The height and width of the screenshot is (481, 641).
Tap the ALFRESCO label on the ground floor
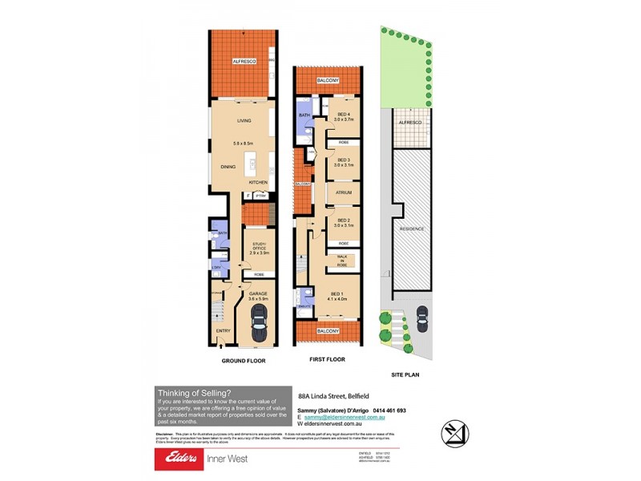click(244, 62)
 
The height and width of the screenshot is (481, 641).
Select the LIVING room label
click(244, 121)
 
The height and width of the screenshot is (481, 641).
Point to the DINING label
click(228, 167)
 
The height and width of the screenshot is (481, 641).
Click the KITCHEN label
click(258, 183)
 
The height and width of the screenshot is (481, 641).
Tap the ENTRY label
click(223, 330)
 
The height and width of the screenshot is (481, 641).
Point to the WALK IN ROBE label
click(342, 260)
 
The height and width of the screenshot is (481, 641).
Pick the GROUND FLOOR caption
click(244, 361)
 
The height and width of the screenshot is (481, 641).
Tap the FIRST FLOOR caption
click(327, 360)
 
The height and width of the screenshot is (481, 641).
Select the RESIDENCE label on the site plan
click(412, 229)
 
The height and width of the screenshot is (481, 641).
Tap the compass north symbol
click(454, 432)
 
